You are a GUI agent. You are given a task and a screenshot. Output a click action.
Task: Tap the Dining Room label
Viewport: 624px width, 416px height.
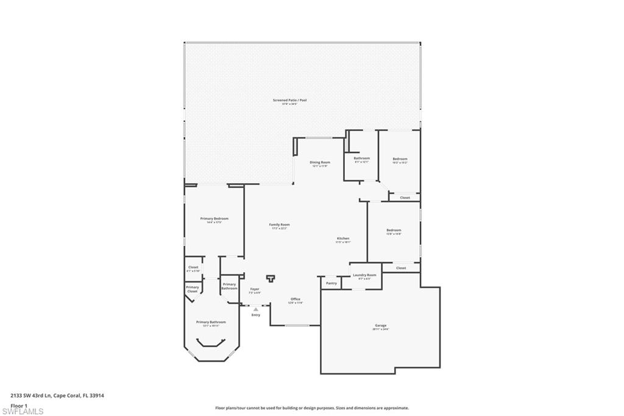click(x=321, y=162)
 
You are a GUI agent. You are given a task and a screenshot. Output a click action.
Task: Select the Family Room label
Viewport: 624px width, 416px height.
click(x=279, y=224)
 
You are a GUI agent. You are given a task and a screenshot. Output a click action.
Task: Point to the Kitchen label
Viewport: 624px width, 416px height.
click(x=343, y=238)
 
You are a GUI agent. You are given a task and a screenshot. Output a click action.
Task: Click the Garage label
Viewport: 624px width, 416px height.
click(x=380, y=326)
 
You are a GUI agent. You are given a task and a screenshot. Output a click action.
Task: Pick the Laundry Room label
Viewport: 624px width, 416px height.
click(x=364, y=275)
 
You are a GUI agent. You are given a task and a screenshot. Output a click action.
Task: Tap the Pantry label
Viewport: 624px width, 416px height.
click(x=331, y=283)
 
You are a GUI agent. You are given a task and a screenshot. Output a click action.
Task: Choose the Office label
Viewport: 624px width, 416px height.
click(x=295, y=299)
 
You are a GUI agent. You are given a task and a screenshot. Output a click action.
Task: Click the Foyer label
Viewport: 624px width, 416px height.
click(x=255, y=289)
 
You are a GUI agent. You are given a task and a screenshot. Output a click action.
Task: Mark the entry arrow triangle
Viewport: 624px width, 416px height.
click(x=255, y=309)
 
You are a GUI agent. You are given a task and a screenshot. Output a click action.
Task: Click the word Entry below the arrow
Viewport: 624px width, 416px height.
click(x=255, y=315)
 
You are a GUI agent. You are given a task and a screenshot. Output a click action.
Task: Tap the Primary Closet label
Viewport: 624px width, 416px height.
click(x=192, y=289)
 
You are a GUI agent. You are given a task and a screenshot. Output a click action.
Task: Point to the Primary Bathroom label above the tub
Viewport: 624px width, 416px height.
click(x=211, y=322)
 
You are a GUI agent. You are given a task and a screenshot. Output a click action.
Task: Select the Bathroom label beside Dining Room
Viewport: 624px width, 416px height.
click(x=362, y=159)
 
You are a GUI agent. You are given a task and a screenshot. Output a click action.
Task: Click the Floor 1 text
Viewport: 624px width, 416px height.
click(x=19, y=405)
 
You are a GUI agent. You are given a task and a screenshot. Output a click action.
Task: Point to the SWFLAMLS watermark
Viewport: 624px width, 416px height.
click(x=23, y=411)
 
